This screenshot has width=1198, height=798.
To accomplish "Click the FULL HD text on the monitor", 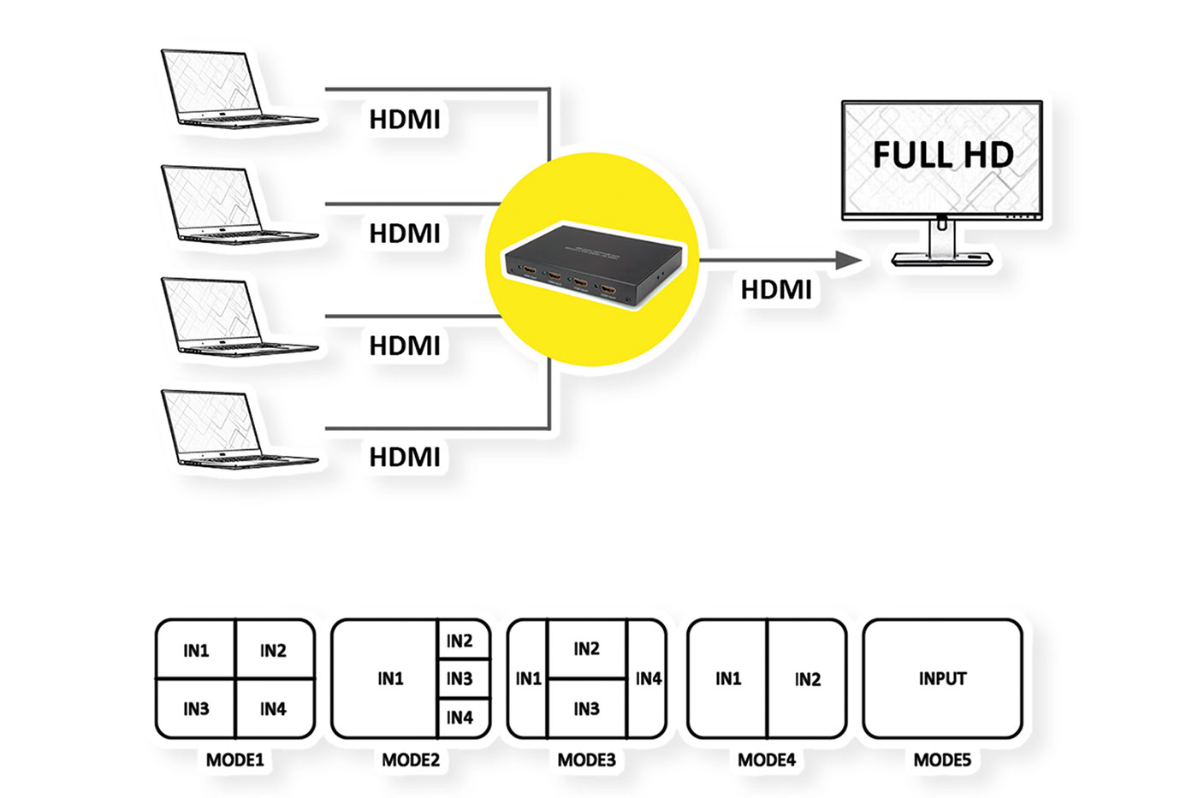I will pyautogui.click(x=943, y=155).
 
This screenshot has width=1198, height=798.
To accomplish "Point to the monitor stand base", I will pyautogui.click(x=941, y=258).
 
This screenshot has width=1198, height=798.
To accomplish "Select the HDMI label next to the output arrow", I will pyautogui.click(x=776, y=290).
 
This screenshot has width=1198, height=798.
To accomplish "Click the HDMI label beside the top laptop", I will pyautogui.click(x=405, y=120).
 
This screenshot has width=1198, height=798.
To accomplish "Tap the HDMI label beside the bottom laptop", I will pyautogui.click(x=405, y=458).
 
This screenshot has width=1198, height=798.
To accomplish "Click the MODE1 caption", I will pyautogui.click(x=235, y=760).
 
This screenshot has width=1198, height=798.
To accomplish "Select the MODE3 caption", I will pyautogui.click(x=587, y=760).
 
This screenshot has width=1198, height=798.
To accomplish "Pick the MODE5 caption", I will pyautogui.click(x=942, y=760).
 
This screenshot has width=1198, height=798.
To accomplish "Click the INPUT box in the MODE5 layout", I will pyautogui.click(x=942, y=679).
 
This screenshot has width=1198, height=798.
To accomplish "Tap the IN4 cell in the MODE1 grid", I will pyautogui.click(x=274, y=709).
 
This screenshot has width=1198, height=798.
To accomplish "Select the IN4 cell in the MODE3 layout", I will pyautogui.click(x=648, y=679).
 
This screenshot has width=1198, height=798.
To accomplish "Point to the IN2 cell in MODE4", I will pyautogui.click(x=807, y=679).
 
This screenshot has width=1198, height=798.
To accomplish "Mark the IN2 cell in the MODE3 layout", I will pyautogui.click(x=587, y=649).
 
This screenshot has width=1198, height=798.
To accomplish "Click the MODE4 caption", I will pyautogui.click(x=767, y=760).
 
